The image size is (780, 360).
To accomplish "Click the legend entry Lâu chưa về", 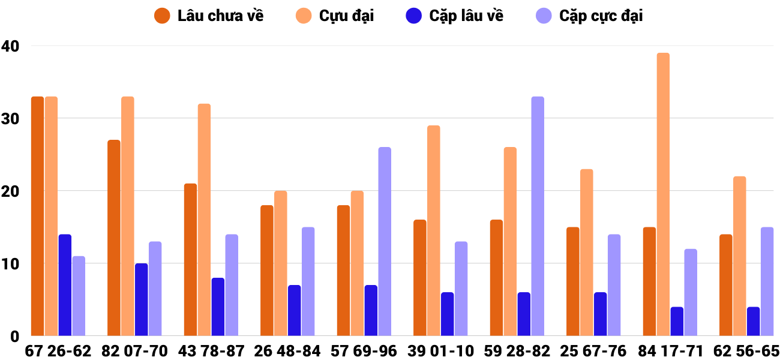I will (x=209, y=16).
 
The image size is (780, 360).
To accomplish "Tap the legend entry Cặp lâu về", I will (x=454, y=16).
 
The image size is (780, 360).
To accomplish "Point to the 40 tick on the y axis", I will (x=10, y=46).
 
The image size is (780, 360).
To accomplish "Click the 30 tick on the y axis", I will (x=10, y=118).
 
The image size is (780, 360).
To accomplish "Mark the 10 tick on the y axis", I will (x=10, y=264).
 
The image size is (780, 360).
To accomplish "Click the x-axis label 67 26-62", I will (x=58, y=351).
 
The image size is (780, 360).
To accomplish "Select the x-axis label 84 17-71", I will (x=670, y=351).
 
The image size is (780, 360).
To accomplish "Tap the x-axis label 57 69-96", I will (x=364, y=351).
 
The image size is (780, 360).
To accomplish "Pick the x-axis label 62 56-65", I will (x=746, y=351).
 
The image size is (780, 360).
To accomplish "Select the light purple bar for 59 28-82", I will (x=538, y=216).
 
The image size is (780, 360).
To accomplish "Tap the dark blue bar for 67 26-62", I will (x=65, y=285).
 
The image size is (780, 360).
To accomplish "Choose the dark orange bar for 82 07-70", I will (x=114, y=238).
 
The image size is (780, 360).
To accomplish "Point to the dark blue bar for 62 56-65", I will (x=753, y=321).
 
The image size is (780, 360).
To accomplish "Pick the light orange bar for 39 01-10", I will (x=433, y=230).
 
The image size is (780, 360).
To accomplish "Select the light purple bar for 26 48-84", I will (x=308, y=281).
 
